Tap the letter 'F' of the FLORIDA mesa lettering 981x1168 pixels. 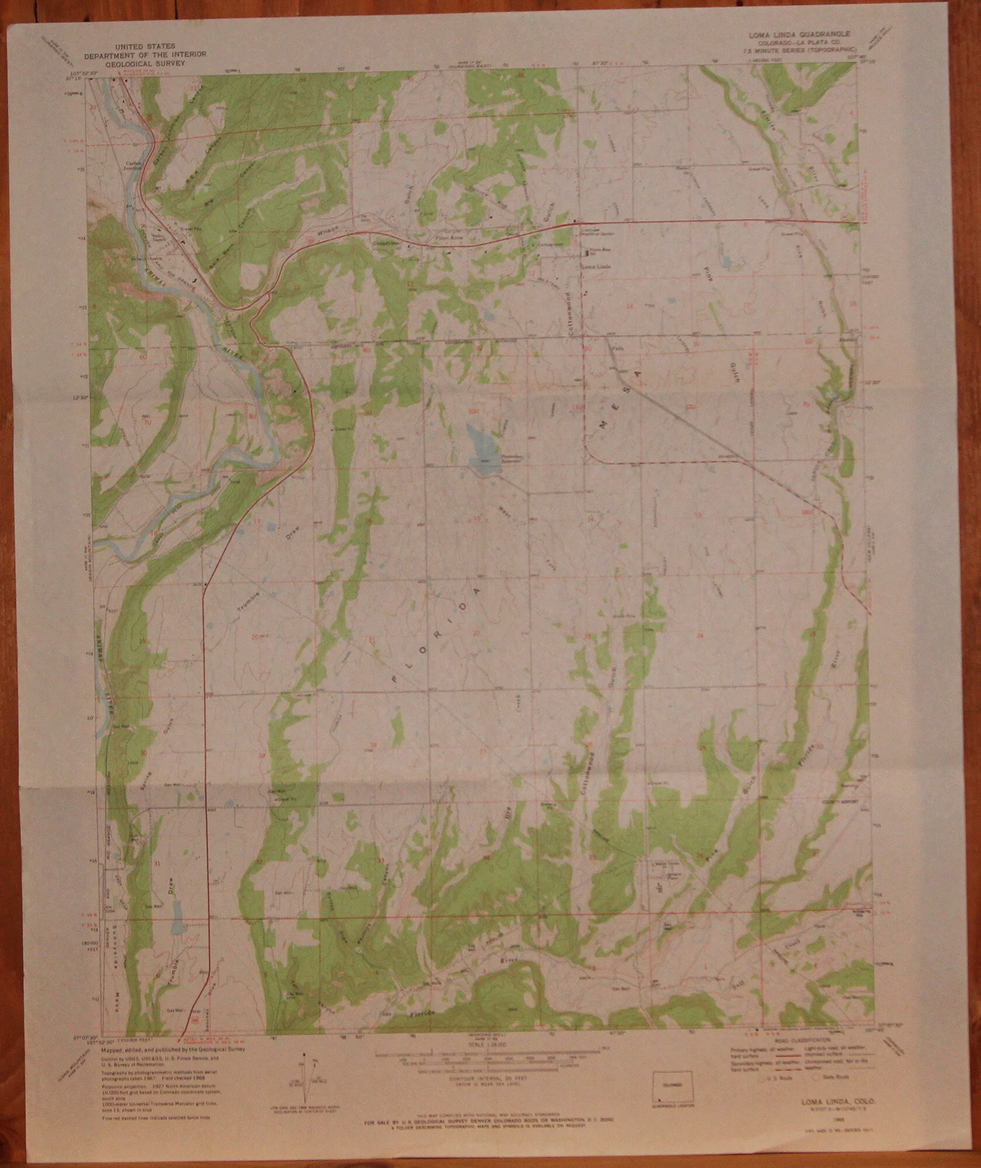pos(397,679)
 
